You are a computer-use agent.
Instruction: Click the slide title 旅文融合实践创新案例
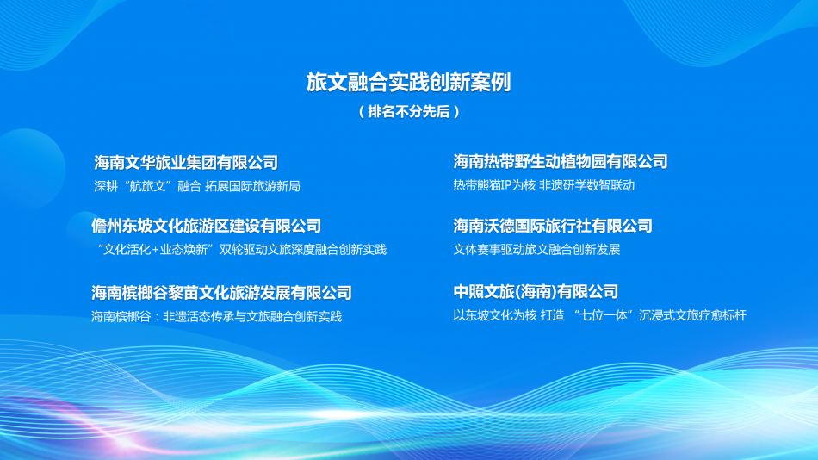click(x=409, y=82)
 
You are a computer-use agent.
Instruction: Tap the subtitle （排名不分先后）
click(x=409, y=112)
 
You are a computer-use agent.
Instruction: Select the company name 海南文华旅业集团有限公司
click(x=186, y=162)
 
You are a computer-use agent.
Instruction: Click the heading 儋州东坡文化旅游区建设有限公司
click(x=207, y=226)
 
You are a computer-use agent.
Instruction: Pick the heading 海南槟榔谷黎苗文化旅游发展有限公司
click(x=221, y=293)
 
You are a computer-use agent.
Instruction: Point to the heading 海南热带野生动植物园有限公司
click(x=561, y=161)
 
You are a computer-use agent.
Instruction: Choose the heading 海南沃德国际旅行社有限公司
click(x=553, y=226)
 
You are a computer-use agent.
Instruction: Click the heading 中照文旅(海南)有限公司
click(x=536, y=292)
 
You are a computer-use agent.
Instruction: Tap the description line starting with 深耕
click(x=196, y=186)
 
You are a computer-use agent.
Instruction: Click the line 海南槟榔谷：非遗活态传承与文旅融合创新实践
click(x=216, y=317)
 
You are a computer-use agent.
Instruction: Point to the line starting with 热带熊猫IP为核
click(x=543, y=185)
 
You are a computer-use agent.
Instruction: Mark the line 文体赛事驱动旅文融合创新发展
click(x=536, y=250)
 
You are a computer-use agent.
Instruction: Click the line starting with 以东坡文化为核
click(x=599, y=316)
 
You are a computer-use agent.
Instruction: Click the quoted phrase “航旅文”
click(x=148, y=186)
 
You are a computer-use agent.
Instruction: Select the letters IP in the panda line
click(x=505, y=185)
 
